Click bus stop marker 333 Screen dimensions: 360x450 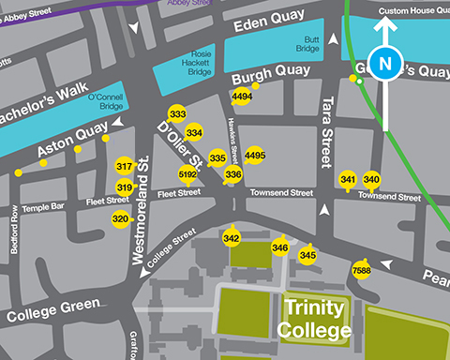click(x=177, y=114)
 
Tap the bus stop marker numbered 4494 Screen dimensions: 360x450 click(x=242, y=97)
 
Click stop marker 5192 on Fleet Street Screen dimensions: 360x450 click(x=187, y=173)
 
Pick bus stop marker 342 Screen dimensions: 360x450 click(x=232, y=239)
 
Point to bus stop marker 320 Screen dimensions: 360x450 click(x=120, y=218)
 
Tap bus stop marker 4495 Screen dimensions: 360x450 click(x=254, y=155)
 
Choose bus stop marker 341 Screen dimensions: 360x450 click(x=348, y=179)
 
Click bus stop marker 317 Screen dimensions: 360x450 click(x=124, y=167)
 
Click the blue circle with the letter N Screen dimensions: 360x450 click(x=382, y=63)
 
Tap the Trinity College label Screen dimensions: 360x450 click(x=314, y=319)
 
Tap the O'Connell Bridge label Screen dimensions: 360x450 click(x=105, y=101)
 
